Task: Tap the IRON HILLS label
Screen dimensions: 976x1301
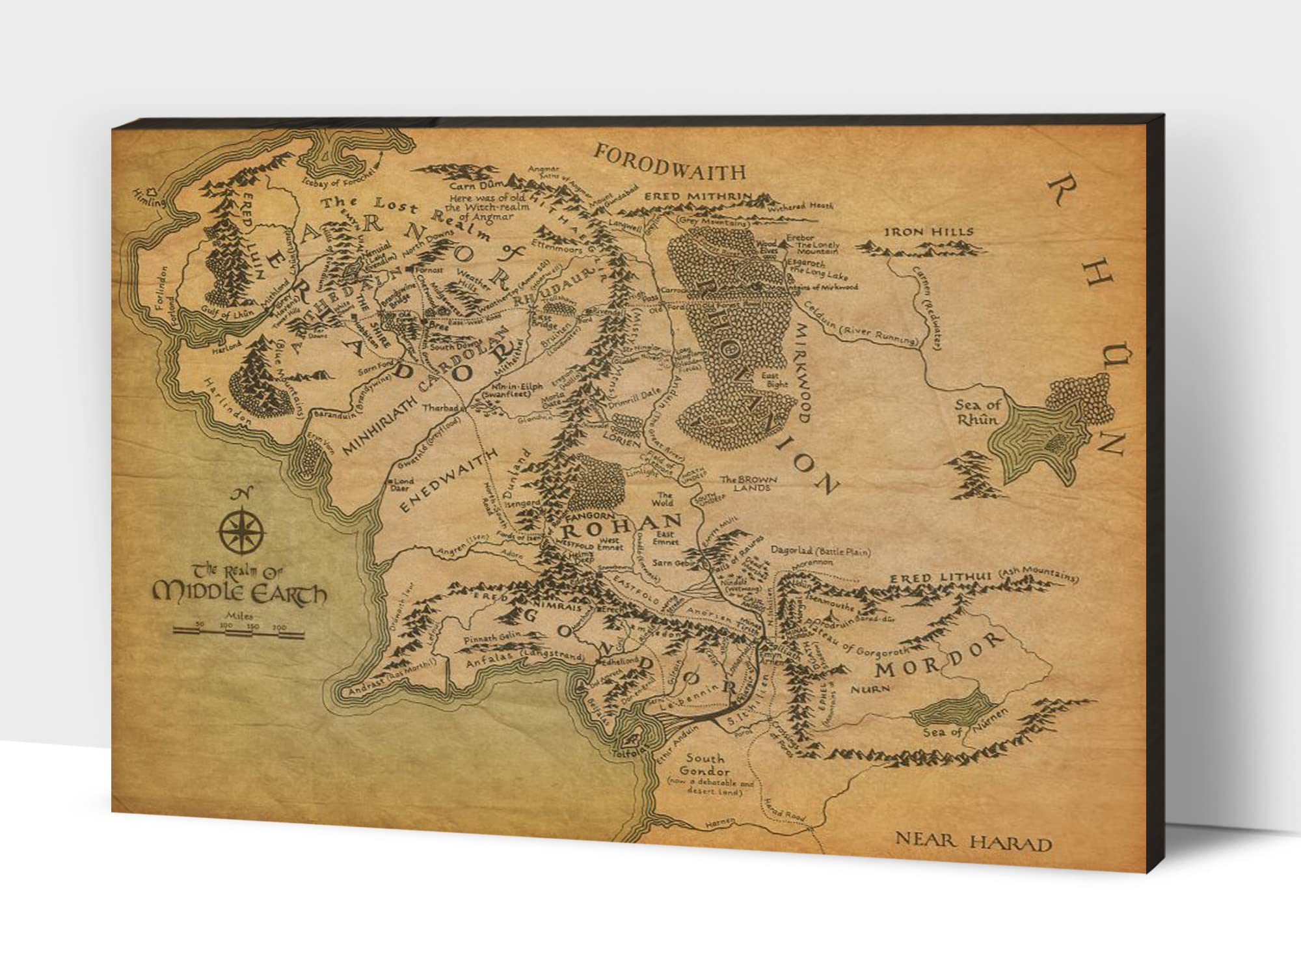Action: [x=928, y=232]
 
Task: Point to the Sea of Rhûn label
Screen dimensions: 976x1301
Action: [x=977, y=412]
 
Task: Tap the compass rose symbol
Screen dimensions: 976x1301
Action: [x=242, y=530]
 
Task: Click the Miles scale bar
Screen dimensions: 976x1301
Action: [x=239, y=629]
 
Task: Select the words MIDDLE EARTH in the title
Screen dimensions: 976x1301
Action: [x=239, y=592]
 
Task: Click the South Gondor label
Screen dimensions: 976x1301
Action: [x=705, y=765]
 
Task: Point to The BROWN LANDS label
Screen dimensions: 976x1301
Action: [x=748, y=483]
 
